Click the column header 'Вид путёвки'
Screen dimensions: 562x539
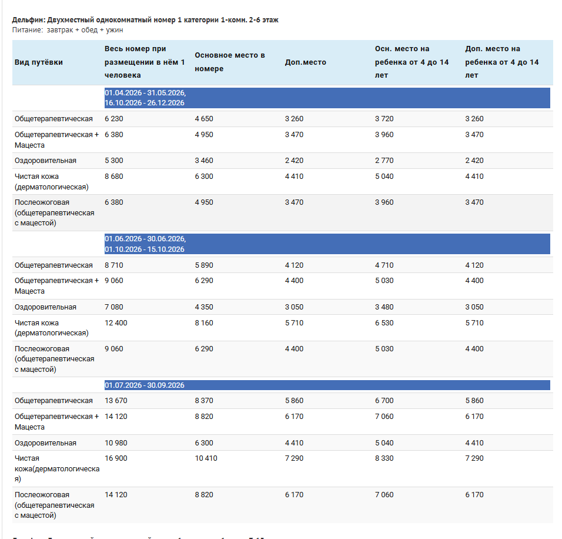[39, 62]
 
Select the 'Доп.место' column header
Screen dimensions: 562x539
[305, 62]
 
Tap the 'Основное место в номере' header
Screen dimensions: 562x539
[230, 62]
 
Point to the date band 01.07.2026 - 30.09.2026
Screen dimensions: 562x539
[327, 385]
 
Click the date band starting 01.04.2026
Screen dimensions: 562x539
[327, 98]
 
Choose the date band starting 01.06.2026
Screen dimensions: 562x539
[327, 244]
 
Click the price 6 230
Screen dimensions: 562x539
[113, 119]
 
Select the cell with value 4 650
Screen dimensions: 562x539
[204, 119]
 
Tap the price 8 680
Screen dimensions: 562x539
[113, 177]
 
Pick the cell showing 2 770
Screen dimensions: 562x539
[384, 161]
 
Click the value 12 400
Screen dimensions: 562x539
[116, 323]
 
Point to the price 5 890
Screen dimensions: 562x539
[204, 265]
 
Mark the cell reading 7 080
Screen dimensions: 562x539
[113, 307]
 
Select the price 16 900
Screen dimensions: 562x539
[116, 458]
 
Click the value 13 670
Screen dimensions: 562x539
[116, 401]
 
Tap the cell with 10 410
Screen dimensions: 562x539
[206, 458]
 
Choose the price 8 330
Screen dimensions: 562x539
[384, 458]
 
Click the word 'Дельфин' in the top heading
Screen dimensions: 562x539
[28, 20]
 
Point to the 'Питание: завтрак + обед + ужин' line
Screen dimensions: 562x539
[68, 30]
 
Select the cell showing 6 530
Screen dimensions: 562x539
[384, 323]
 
